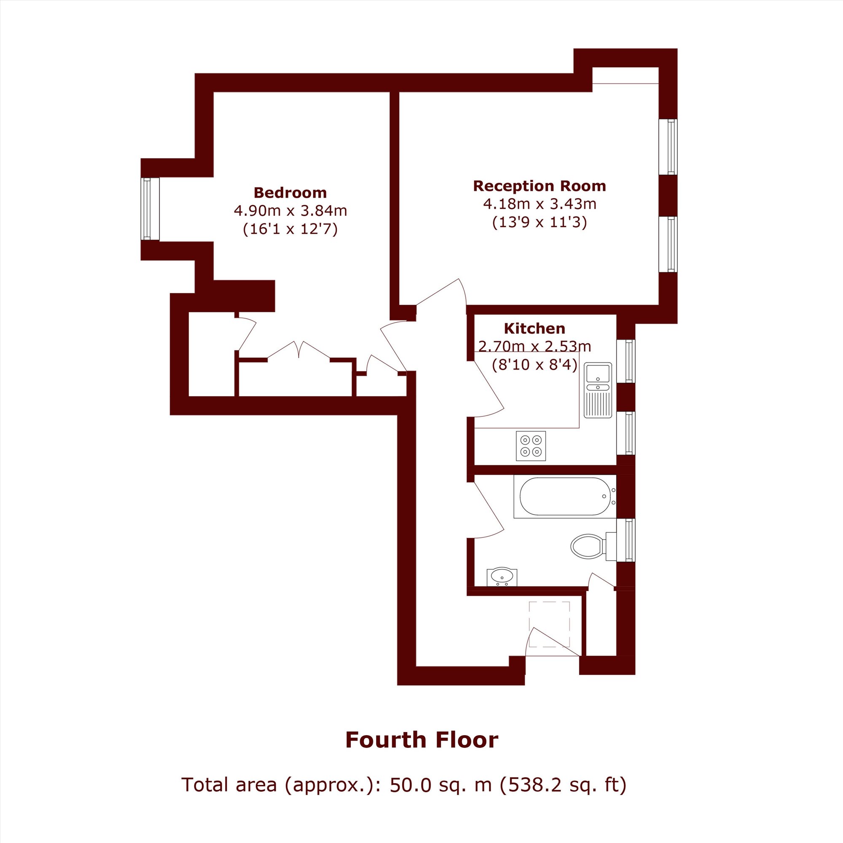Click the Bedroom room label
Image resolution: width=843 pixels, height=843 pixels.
290,193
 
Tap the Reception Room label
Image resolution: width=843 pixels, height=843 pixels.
540,186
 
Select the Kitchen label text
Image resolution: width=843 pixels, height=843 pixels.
534,328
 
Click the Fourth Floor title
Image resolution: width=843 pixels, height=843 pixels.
421,740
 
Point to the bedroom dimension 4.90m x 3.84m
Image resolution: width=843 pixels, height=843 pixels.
290,211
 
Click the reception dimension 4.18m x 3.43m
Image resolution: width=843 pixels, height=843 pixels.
540,204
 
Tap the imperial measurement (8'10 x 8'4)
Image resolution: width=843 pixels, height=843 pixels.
534,364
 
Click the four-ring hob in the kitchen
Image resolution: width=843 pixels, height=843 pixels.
531,446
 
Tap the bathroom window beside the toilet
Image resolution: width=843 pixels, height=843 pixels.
626,540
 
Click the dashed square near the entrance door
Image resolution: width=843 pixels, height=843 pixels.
549,624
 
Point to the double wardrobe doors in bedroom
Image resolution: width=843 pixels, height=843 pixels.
299,350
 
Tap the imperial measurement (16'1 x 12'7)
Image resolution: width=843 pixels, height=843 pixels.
290,229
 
